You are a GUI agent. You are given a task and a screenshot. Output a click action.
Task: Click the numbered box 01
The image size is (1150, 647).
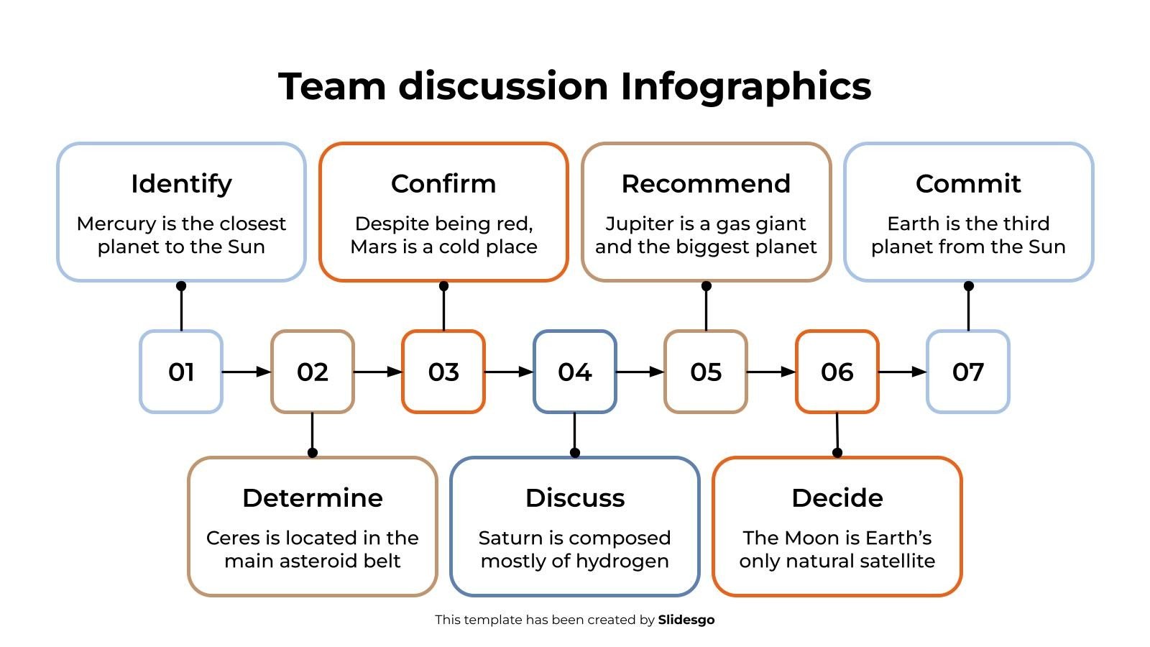[x=181, y=372]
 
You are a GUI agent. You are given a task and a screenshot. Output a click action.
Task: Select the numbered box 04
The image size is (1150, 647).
[x=574, y=372]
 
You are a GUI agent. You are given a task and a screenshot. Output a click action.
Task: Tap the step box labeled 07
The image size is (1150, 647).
[x=967, y=372]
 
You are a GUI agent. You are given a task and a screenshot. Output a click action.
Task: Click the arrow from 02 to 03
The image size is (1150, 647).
[x=378, y=372]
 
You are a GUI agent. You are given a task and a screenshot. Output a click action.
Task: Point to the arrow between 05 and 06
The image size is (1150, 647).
[x=771, y=372]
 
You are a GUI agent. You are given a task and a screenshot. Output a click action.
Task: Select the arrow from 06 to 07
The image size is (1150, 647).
[x=903, y=372]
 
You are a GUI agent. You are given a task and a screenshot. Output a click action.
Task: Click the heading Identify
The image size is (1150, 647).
[x=181, y=184]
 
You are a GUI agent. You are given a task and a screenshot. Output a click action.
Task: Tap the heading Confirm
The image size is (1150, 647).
[x=443, y=184]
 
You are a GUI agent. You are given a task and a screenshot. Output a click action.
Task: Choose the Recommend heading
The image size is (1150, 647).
[x=706, y=184]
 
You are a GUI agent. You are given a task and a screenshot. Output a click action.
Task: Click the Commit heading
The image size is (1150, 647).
[x=967, y=184]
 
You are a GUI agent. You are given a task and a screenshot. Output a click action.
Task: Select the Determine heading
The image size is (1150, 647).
[x=312, y=498]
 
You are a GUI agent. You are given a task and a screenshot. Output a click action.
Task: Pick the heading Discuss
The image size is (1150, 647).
[x=574, y=498]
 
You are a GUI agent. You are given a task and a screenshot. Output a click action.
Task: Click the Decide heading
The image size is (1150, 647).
[x=837, y=498]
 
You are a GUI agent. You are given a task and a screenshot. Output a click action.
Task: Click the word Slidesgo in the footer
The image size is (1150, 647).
[x=686, y=620]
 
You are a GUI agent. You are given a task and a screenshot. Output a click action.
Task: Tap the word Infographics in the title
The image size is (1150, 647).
[x=745, y=87]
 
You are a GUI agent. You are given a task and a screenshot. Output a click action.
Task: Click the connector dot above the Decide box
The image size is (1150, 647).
[x=837, y=453]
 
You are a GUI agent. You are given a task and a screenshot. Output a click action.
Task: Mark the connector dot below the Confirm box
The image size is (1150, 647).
[x=443, y=286]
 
